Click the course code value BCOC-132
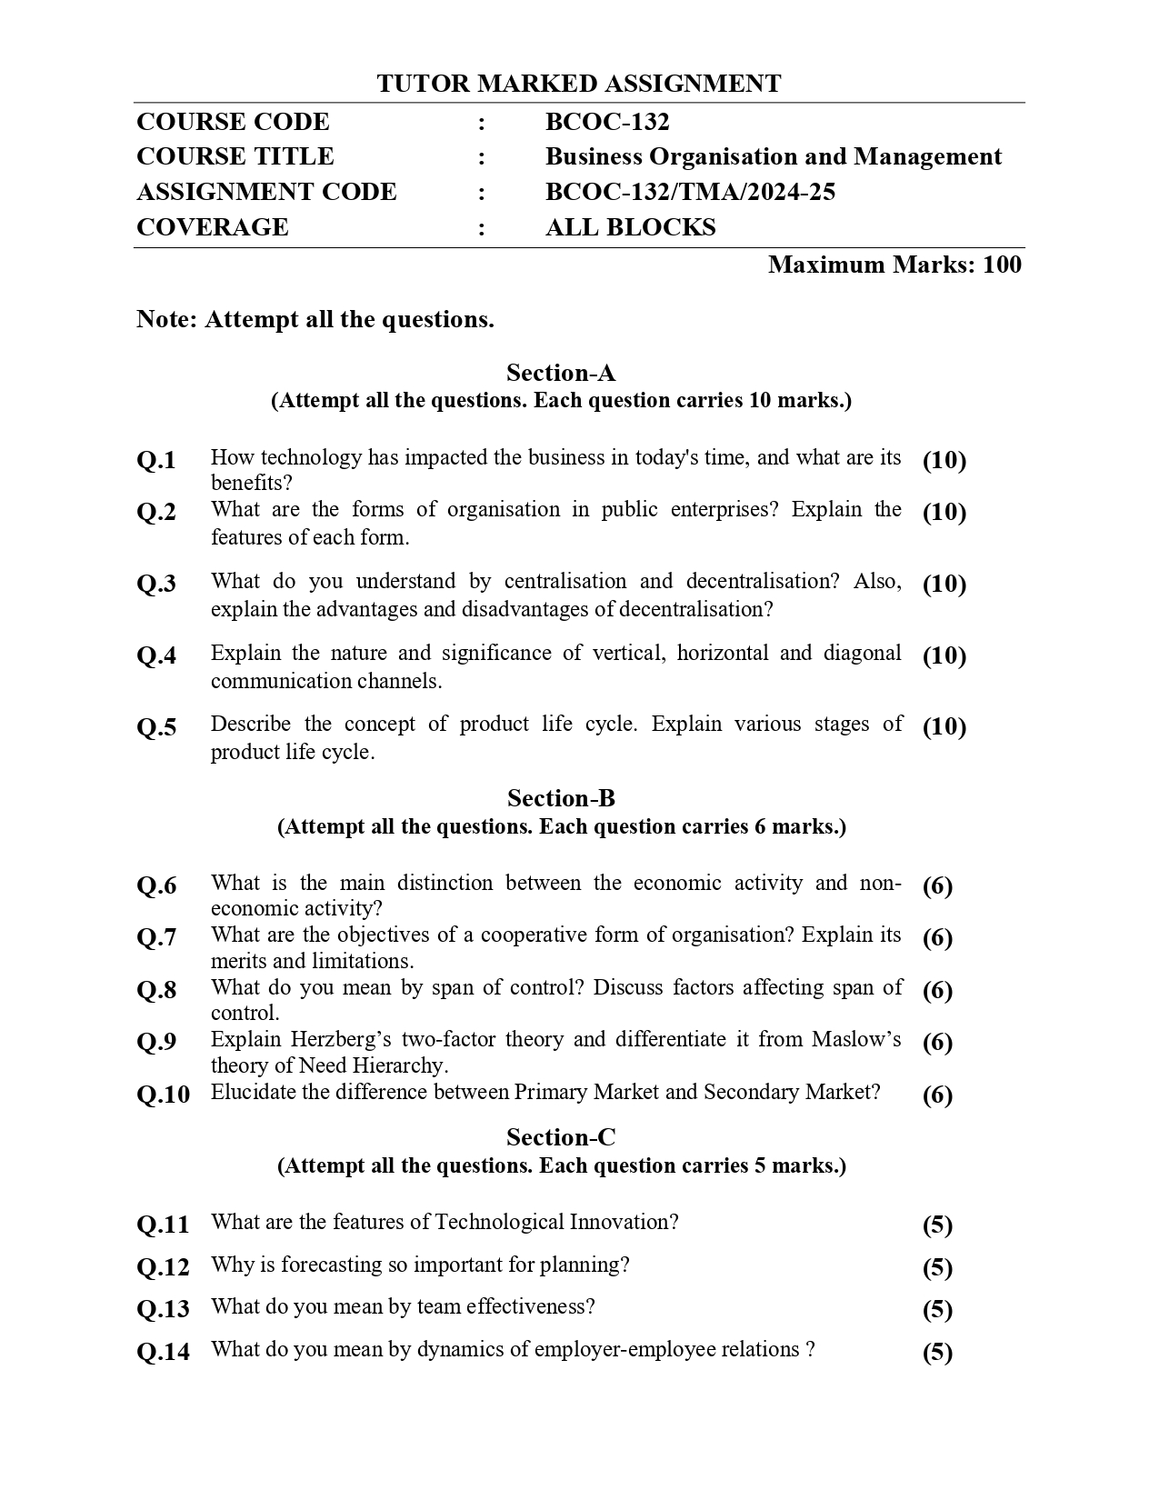[x=606, y=122]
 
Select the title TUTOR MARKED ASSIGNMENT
[x=578, y=84]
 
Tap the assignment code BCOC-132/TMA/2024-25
[x=690, y=192]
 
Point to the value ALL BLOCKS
[x=630, y=227]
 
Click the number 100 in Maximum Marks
[x=1002, y=265]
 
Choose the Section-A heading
[x=561, y=373]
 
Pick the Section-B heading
[x=561, y=798]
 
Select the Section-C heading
[x=561, y=1137]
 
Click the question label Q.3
[x=156, y=584]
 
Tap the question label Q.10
[x=164, y=1095]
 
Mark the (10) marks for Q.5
[x=944, y=726]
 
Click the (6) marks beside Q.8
[x=937, y=990]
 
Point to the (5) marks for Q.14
[x=937, y=1353]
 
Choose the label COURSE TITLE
[x=235, y=156]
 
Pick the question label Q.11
[x=164, y=1225]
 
